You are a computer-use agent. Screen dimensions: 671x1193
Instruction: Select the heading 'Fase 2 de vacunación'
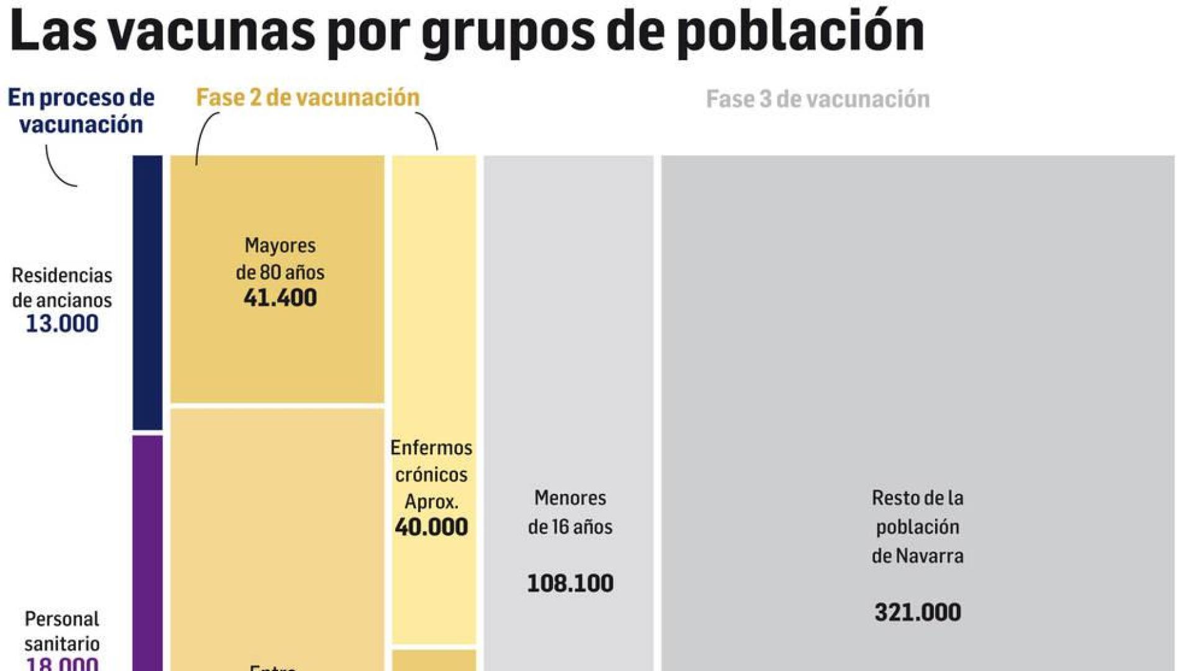(x=308, y=98)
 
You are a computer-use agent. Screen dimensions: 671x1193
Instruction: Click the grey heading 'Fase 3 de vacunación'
(x=818, y=99)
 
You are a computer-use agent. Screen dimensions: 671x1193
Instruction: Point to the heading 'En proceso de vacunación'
(x=81, y=111)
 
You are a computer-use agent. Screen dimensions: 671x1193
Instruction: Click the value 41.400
(x=280, y=298)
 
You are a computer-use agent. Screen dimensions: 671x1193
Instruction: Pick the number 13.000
(x=62, y=324)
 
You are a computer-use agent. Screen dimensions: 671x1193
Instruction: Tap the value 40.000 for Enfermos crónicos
(x=431, y=527)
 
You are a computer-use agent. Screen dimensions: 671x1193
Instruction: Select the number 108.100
(x=570, y=583)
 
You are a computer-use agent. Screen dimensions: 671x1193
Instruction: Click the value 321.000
(x=917, y=613)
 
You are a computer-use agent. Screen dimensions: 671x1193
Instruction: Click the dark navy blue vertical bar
(x=147, y=292)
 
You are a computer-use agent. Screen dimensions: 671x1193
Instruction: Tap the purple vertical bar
(x=147, y=553)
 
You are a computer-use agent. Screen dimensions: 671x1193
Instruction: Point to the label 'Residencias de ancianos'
(x=62, y=288)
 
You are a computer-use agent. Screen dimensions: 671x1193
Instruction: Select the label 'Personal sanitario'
(x=62, y=631)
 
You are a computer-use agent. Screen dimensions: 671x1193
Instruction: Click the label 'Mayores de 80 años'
(x=280, y=258)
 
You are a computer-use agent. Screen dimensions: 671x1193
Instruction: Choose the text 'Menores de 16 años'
(x=570, y=513)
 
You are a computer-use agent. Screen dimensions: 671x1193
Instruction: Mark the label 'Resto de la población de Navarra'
(x=917, y=527)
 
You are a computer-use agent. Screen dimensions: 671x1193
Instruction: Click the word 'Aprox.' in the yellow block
(x=431, y=501)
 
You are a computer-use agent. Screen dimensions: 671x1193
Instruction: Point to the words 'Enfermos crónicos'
(x=431, y=461)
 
